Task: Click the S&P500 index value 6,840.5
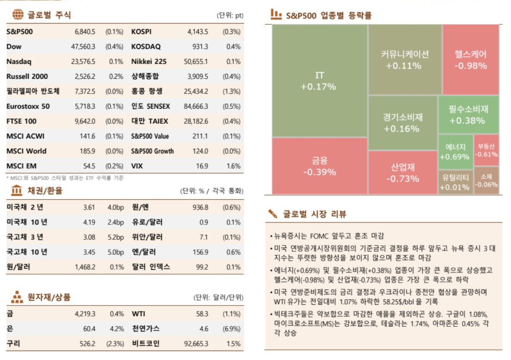click(x=84, y=32)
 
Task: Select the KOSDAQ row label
click(x=146, y=46)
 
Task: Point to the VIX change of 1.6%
click(x=233, y=166)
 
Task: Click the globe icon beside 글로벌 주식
click(x=17, y=15)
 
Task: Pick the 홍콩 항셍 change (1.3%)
click(x=231, y=91)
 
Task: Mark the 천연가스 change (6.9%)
click(x=231, y=328)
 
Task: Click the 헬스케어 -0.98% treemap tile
click(x=470, y=60)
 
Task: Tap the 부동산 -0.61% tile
click(x=486, y=151)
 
